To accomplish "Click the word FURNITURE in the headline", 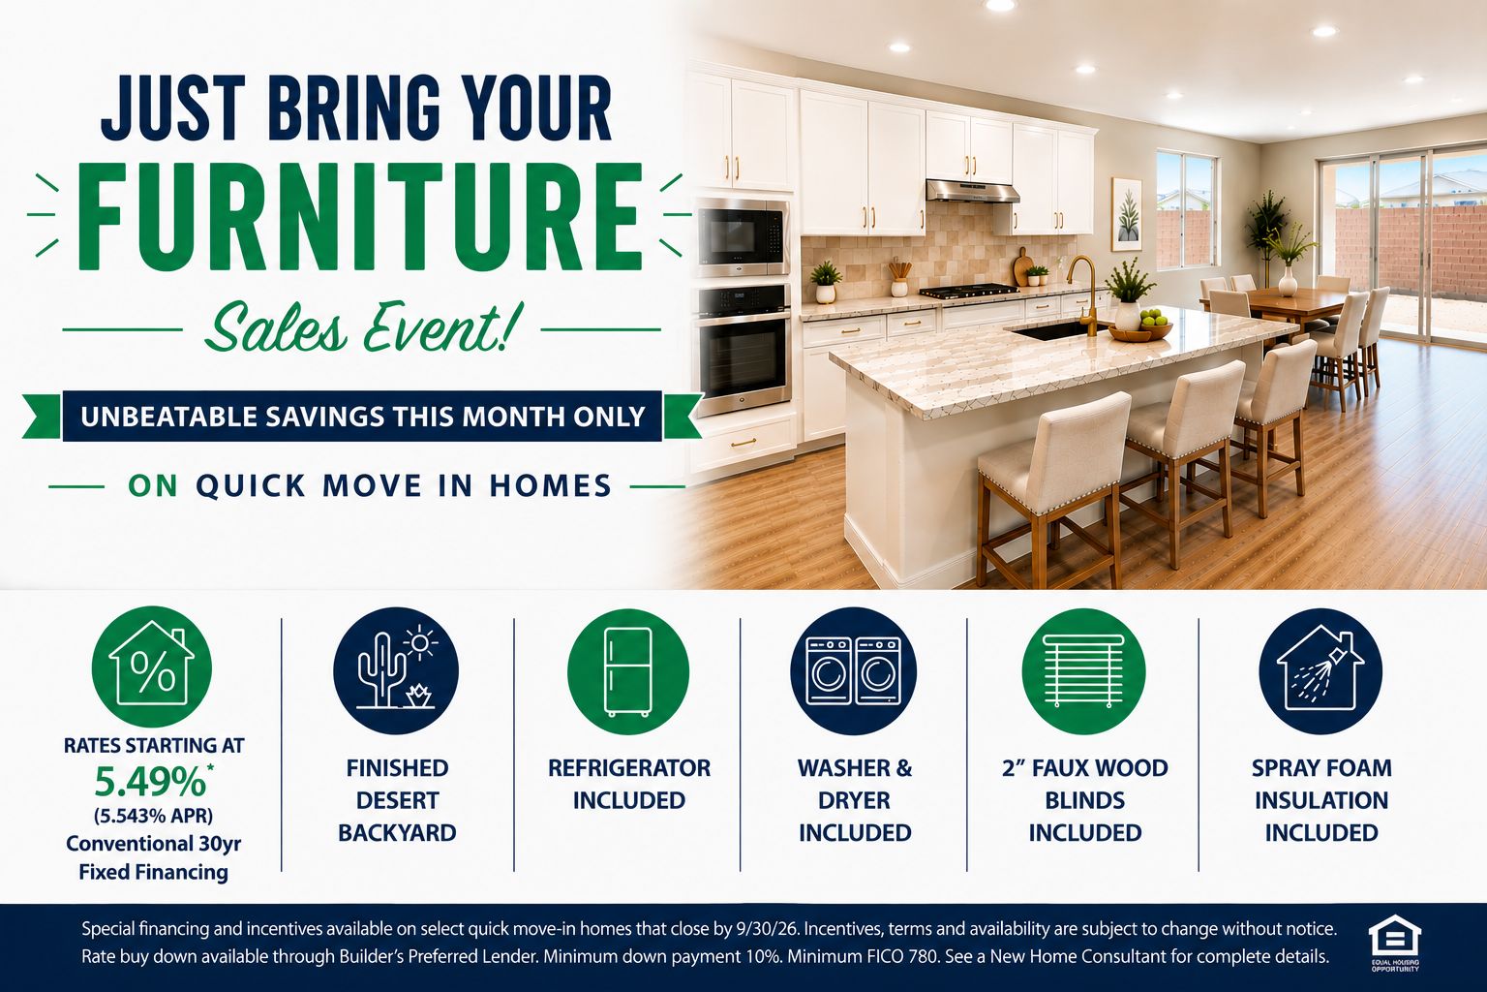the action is pos(360,217).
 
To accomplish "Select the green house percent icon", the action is pos(151,666).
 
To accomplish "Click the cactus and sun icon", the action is pos(396,670).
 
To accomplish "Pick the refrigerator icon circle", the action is pos(628,671).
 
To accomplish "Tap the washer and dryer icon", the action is pos(854,671).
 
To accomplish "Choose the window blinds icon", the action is pos(1083,671).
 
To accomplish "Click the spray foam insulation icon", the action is pos(1320,671).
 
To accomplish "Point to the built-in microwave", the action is pos(743,236).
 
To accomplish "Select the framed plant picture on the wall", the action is pos(1127,214).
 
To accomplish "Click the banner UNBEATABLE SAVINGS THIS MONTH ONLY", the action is pos(362,416).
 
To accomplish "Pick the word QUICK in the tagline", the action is pos(252,485).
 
